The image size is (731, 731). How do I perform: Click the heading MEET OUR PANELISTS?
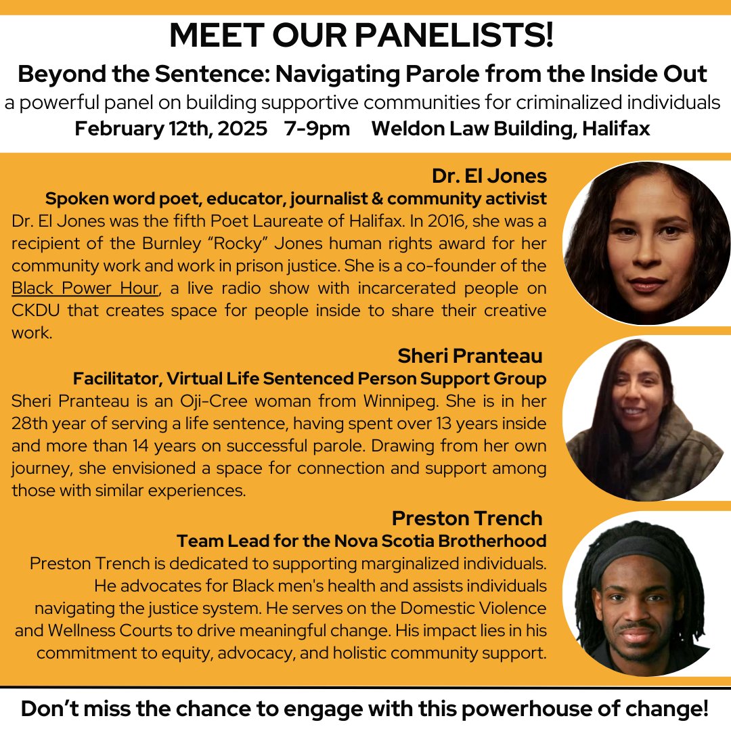(x=361, y=36)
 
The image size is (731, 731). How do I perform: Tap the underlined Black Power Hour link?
(x=85, y=287)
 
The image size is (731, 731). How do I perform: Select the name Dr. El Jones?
(x=489, y=176)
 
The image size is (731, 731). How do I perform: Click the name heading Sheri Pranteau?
(x=470, y=355)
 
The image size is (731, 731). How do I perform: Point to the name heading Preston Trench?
(x=467, y=518)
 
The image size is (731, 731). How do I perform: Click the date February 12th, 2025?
(x=171, y=129)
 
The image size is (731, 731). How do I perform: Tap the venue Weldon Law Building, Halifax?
(x=510, y=129)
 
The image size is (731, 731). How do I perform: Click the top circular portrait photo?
(x=646, y=243)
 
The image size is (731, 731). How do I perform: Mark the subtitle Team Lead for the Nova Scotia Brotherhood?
(x=361, y=541)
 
